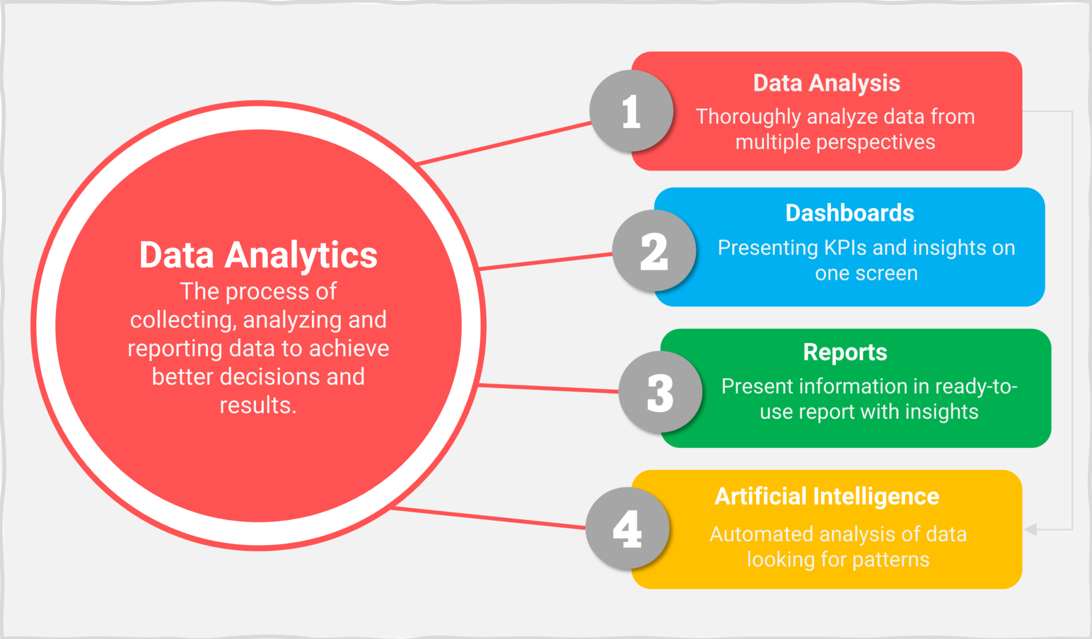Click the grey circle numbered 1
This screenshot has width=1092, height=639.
click(631, 111)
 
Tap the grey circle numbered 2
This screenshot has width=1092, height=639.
click(654, 251)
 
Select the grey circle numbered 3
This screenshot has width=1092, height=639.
click(661, 392)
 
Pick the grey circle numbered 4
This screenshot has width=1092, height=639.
click(628, 528)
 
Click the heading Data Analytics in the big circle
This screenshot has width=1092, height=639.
click(258, 255)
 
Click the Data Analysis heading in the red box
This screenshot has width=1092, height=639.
click(826, 83)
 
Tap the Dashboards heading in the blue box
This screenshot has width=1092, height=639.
click(849, 213)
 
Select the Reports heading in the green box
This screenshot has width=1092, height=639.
click(845, 352)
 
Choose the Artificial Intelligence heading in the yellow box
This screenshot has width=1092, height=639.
click(826, 496)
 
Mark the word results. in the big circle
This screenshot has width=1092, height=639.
click(258, 405)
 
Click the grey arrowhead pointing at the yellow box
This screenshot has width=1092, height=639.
click(1031, 529)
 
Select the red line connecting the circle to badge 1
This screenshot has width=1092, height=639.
click(504, 143)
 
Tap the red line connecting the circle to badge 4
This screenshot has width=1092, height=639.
click(488, 518)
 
